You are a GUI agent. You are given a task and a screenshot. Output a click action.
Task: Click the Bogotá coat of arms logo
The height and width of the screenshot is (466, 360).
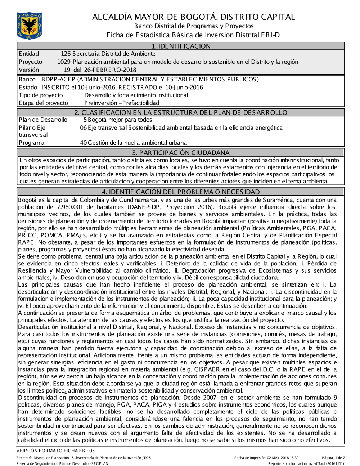[29, 25]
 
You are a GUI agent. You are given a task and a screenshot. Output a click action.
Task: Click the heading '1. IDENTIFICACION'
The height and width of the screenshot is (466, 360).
[180, 46]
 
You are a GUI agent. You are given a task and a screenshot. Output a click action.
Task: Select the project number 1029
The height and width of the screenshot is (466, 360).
[64, 62]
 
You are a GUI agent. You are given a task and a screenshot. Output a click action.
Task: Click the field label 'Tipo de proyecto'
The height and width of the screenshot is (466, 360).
[41, 95]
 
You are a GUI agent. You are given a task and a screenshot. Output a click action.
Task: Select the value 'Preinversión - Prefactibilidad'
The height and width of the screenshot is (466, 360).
[122, 103]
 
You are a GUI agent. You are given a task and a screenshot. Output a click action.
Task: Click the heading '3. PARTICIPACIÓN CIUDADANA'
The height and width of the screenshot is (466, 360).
[180, 152]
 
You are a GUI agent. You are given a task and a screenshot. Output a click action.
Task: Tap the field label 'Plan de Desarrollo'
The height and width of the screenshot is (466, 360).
[43, 120]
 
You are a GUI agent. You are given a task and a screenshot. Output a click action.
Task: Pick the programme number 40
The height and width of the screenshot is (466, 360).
[83, 143]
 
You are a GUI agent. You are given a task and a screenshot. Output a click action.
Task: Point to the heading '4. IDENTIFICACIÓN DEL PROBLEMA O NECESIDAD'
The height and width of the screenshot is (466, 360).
[180, 192]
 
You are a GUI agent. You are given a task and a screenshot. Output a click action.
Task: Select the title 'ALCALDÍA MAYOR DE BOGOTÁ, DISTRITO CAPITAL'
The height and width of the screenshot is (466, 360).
[193, 17]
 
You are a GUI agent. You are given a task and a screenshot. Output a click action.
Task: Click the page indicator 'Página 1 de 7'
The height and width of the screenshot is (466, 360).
[333, 458]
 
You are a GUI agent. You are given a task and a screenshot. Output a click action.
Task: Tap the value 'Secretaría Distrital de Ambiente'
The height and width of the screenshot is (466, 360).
[114, 54]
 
